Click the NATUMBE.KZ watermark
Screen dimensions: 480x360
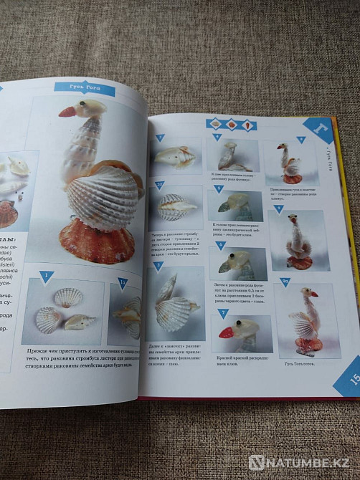[x=301, y=462]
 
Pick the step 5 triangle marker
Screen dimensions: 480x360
[x=219, y=189]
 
